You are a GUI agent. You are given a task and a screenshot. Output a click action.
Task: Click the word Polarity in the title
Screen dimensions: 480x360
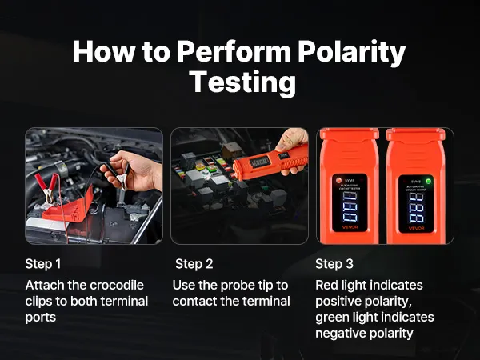click(x=352, y=51)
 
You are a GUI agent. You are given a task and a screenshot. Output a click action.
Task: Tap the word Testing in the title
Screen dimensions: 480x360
click(x=242, y=82)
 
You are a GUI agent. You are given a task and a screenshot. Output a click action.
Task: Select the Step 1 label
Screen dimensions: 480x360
click(x=43, y=264)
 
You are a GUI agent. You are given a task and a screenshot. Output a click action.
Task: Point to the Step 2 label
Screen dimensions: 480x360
click(x=194, y=264)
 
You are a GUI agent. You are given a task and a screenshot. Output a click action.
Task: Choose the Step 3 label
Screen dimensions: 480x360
click(x=334, y=264)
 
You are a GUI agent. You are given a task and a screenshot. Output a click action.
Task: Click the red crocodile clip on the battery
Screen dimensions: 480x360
click(x=47, y=187)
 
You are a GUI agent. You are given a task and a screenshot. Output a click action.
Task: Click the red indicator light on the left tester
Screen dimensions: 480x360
click(x=339, y=180)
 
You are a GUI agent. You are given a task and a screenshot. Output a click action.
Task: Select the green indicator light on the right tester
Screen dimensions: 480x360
click(x=428, y=182)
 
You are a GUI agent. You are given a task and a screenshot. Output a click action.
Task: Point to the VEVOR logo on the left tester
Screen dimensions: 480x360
click(x=350, y=227)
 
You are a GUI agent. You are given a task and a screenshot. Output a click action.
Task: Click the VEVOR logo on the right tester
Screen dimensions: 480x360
click(x=416, y=228)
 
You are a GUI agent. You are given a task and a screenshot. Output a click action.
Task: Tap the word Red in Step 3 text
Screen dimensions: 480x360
click(x=326, y=286)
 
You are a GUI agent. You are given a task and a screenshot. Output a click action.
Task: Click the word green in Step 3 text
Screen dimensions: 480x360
click(x=332, y=318)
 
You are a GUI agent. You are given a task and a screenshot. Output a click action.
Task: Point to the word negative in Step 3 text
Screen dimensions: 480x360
click(x=339, y=333)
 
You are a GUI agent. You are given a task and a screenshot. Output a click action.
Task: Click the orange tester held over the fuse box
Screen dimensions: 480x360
click(x=270, y=162)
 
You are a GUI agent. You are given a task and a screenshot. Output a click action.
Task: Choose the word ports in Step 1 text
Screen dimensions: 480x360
click(x=41, y=318)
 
